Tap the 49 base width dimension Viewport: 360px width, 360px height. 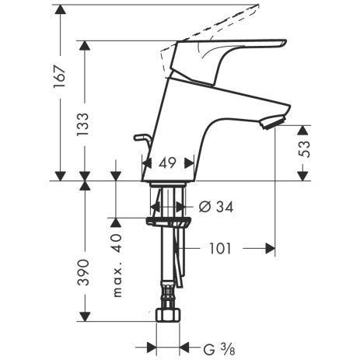click(167, 163)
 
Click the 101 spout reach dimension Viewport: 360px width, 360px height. click(220, 249)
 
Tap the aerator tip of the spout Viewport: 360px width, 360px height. click(274, 122)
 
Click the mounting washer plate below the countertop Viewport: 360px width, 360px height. click(168, 222)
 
